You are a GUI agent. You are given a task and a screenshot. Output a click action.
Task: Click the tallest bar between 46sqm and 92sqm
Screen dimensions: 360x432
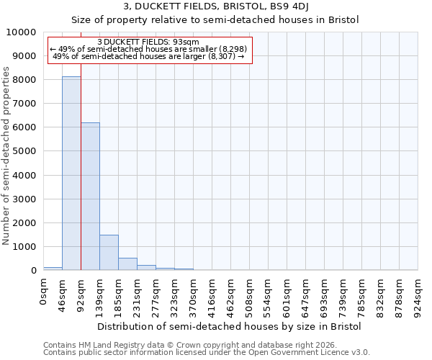(x=71, y=173)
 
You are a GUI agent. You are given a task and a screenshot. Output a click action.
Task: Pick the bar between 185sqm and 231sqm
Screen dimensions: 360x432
(x=127, y=264)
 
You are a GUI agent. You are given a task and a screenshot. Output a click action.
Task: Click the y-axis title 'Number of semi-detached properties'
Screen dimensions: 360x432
(x=7, y=156)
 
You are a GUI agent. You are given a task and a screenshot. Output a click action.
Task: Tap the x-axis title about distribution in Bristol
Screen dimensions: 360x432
(x=229, y=326)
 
